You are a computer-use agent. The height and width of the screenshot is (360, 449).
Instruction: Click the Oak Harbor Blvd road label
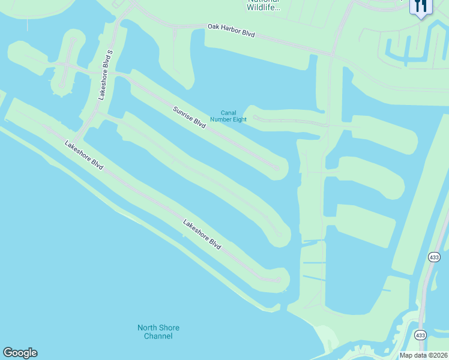click(231, 31)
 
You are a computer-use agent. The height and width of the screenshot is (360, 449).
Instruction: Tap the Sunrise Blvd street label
click(189, 118)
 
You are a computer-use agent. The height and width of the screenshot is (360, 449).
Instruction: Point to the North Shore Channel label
click(158, 332)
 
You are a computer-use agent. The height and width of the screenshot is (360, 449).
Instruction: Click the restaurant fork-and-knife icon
click(421, 6)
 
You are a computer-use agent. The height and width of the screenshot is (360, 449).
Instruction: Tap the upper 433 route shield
click(435, 257)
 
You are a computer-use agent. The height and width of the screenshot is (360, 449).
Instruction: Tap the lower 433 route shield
click(420, 334)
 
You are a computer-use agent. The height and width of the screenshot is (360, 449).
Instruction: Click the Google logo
click(20, 353)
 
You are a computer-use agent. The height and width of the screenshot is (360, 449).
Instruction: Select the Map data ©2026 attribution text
click(423, 355)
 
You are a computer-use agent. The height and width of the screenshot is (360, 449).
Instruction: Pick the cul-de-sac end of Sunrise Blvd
click(277, 168)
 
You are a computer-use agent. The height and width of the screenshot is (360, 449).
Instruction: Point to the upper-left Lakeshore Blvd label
click(84, 155)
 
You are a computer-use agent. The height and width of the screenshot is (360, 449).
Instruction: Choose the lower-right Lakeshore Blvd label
click(202, 235)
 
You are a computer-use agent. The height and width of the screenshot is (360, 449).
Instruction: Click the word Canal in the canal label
click(228, 112)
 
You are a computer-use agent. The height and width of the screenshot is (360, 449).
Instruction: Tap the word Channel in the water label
click(158, 336)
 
